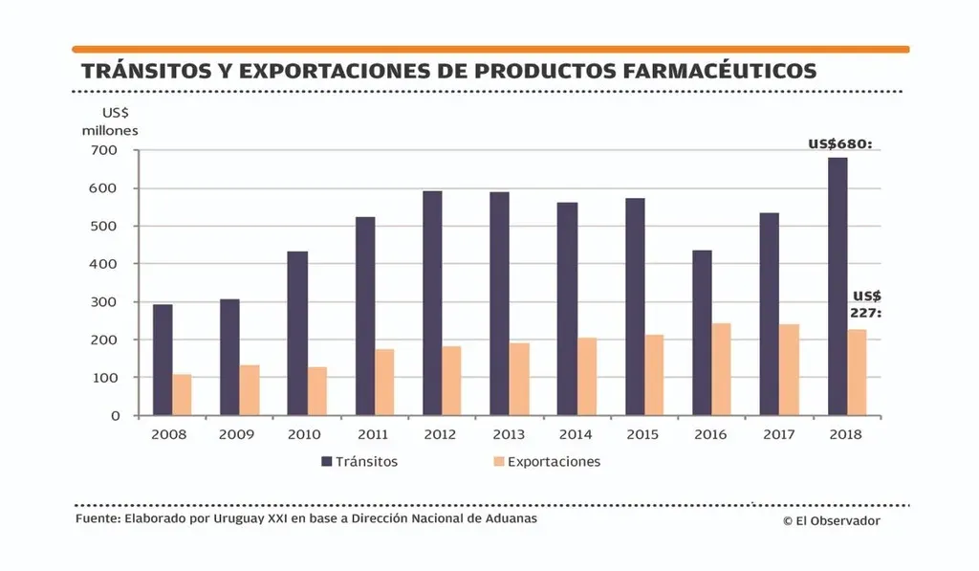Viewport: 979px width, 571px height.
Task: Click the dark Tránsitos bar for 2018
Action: tap(838, 287)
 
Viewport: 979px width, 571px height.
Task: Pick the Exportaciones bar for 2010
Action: tap(316, 391)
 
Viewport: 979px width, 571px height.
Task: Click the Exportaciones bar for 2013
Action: tap(519, 379)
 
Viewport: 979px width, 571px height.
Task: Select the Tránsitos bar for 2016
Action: tap(702, 333)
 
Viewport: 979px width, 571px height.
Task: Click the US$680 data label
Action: tap(840, 144)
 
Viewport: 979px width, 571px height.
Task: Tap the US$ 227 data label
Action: tap(864, 304)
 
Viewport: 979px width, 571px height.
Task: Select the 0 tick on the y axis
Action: tap(115, 416)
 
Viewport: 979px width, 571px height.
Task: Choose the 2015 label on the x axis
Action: tap(643, 434)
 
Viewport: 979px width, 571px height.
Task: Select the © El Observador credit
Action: tap(831, 520)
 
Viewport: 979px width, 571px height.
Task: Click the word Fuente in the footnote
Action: tap(97, 518)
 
